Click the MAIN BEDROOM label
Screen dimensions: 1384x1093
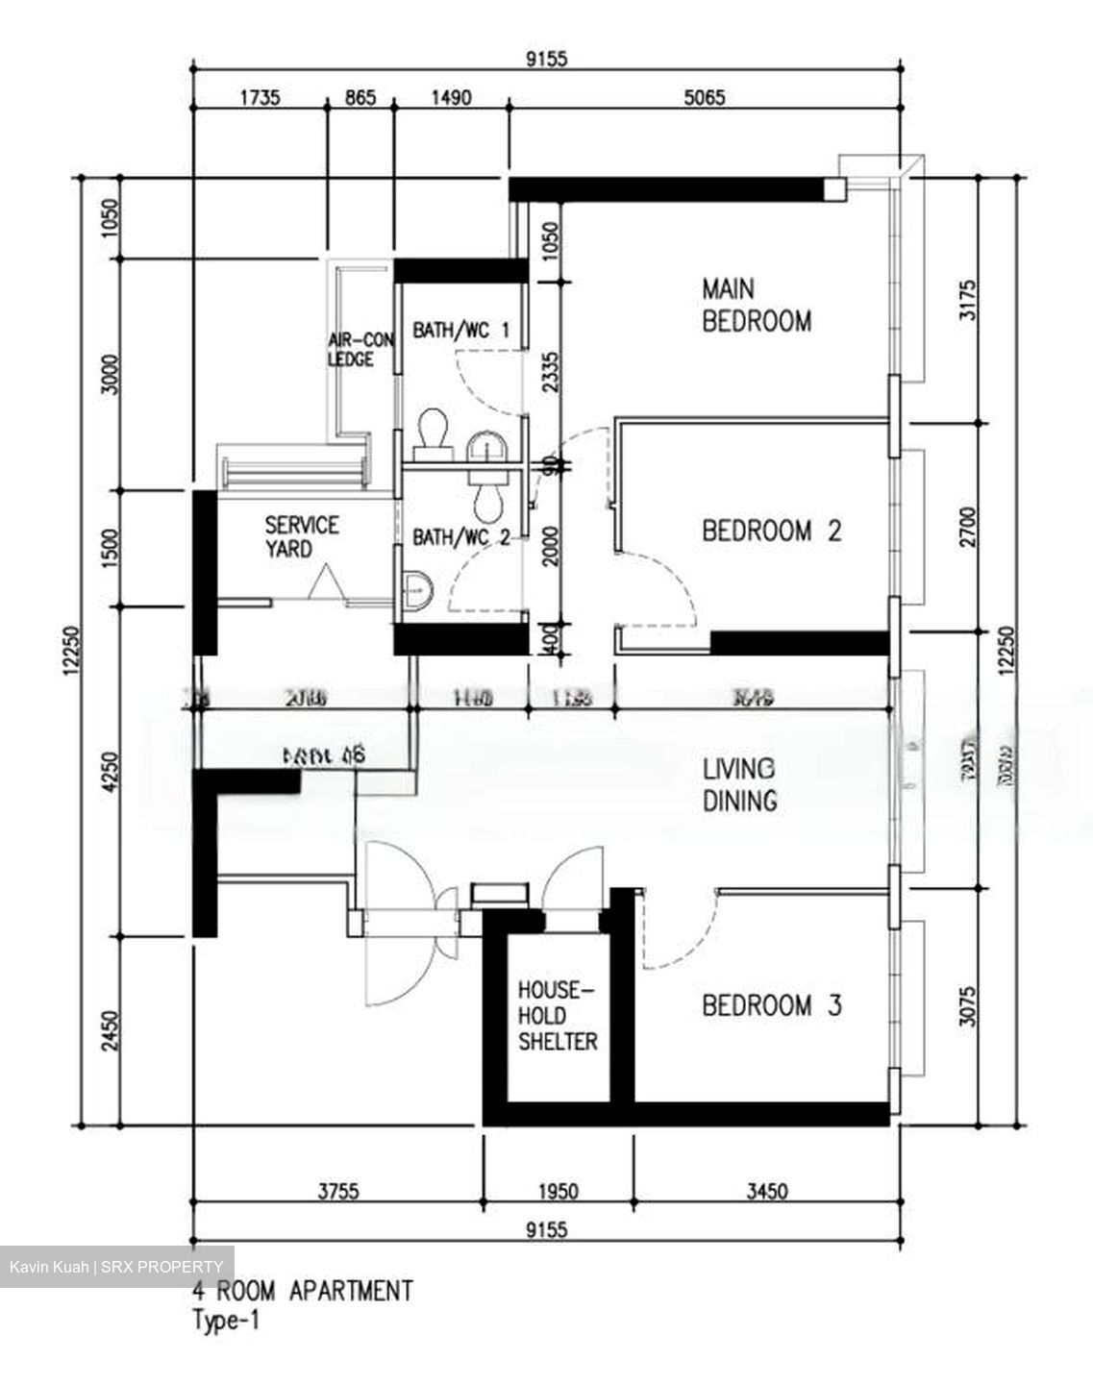(756, 304)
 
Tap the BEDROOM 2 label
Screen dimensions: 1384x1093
(771, 531)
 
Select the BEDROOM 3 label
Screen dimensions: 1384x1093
(771, 1006)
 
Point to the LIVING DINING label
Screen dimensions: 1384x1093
(739, 784)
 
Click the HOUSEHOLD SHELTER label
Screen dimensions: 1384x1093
(558, 1016)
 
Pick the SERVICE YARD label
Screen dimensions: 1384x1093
(302, 536)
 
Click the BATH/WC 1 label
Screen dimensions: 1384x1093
(460, 331)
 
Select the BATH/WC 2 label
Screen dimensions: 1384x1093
(460, 536)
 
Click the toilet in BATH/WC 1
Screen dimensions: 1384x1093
(433, 432)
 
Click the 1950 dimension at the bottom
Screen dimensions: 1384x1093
(557, 1192)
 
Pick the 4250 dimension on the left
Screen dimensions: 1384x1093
(112, 772)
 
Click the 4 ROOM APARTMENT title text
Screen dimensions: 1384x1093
(303, 1290)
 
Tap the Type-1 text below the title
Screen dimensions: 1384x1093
(226, 1321)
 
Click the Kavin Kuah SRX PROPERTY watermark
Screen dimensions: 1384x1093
(116, 1267)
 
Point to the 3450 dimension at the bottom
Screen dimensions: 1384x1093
(765, 1192)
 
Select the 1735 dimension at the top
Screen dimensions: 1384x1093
(259, 97)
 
